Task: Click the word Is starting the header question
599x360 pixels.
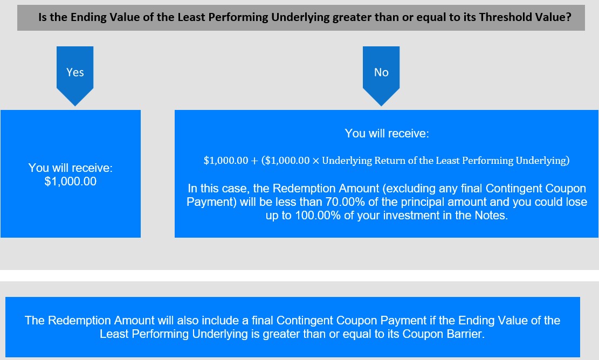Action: point(43,17)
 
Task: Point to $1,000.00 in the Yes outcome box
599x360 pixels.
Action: point(71,181)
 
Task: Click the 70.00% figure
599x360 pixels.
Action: point(345,202)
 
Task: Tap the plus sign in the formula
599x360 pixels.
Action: point(254,161)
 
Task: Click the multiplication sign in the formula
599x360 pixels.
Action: point(315,161)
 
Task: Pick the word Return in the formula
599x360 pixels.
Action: point(389,161)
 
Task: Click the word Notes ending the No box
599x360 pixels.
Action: point(491,216)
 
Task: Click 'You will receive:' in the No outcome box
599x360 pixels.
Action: point(387,133)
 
